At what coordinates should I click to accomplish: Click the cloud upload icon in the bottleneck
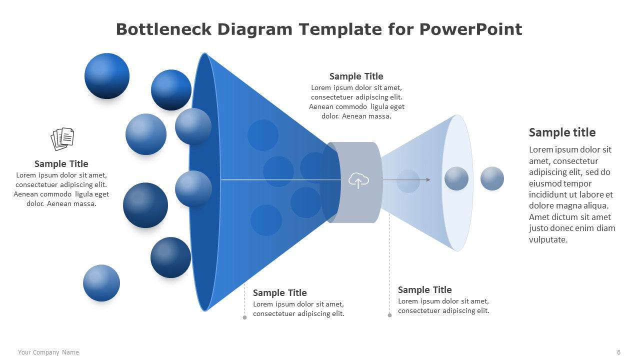tap(358, 180)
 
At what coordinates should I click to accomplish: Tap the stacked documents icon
tap(62, 139)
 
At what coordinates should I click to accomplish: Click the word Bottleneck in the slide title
tap(163, 29)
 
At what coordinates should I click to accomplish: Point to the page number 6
tap(618, 352)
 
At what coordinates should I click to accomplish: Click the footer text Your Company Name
tap(48, 352)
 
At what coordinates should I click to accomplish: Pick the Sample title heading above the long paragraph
tap(562, 132)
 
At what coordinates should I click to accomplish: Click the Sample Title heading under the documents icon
tap(61, 163)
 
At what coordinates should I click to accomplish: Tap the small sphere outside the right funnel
tap(492, 178)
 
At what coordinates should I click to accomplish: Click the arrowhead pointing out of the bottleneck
tap(428, 179)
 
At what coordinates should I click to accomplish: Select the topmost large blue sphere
tap(107, 76)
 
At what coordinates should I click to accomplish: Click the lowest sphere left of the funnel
tap(101, 283)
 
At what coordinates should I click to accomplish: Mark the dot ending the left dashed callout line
tap(245, 317)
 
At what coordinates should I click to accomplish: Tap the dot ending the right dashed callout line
tap(389, 315)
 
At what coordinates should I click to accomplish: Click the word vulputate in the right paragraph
tap(548, 239)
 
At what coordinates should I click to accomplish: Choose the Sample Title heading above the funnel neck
tap(356, 76)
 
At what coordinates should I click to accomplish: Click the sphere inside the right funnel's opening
tap(456, 178)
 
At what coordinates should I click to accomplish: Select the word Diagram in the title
tap(255, 29)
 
